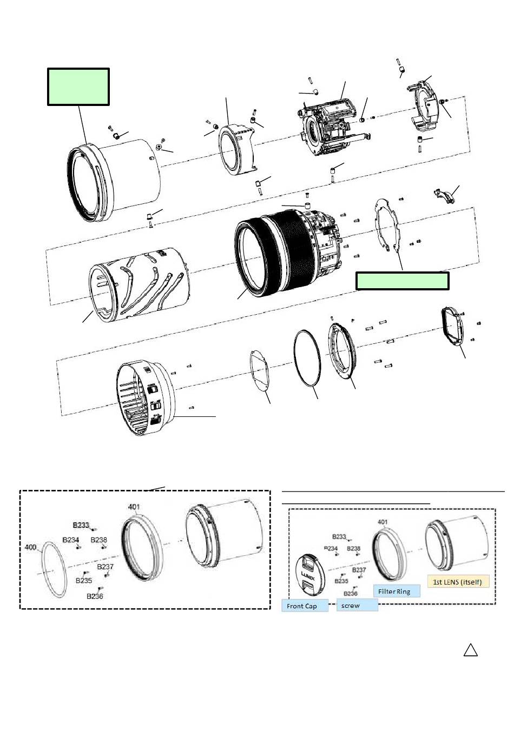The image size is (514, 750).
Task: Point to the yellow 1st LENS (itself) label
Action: (x=458, y=582)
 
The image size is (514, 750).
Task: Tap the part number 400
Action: (x=31, y=547)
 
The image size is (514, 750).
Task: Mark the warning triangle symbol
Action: (x=471, y=650)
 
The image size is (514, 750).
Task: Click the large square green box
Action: (x=78, y=87)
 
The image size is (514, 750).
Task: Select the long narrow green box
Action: (x=402, y=281)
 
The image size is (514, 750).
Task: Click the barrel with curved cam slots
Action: (x=140, y=284)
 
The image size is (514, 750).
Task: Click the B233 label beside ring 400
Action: (x=81, y=525)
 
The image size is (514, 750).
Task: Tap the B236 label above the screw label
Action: (x=351, y=593)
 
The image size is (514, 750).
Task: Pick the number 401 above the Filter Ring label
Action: (x=383, y=522)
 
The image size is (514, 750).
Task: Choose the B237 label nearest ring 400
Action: (x=106, y=567)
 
